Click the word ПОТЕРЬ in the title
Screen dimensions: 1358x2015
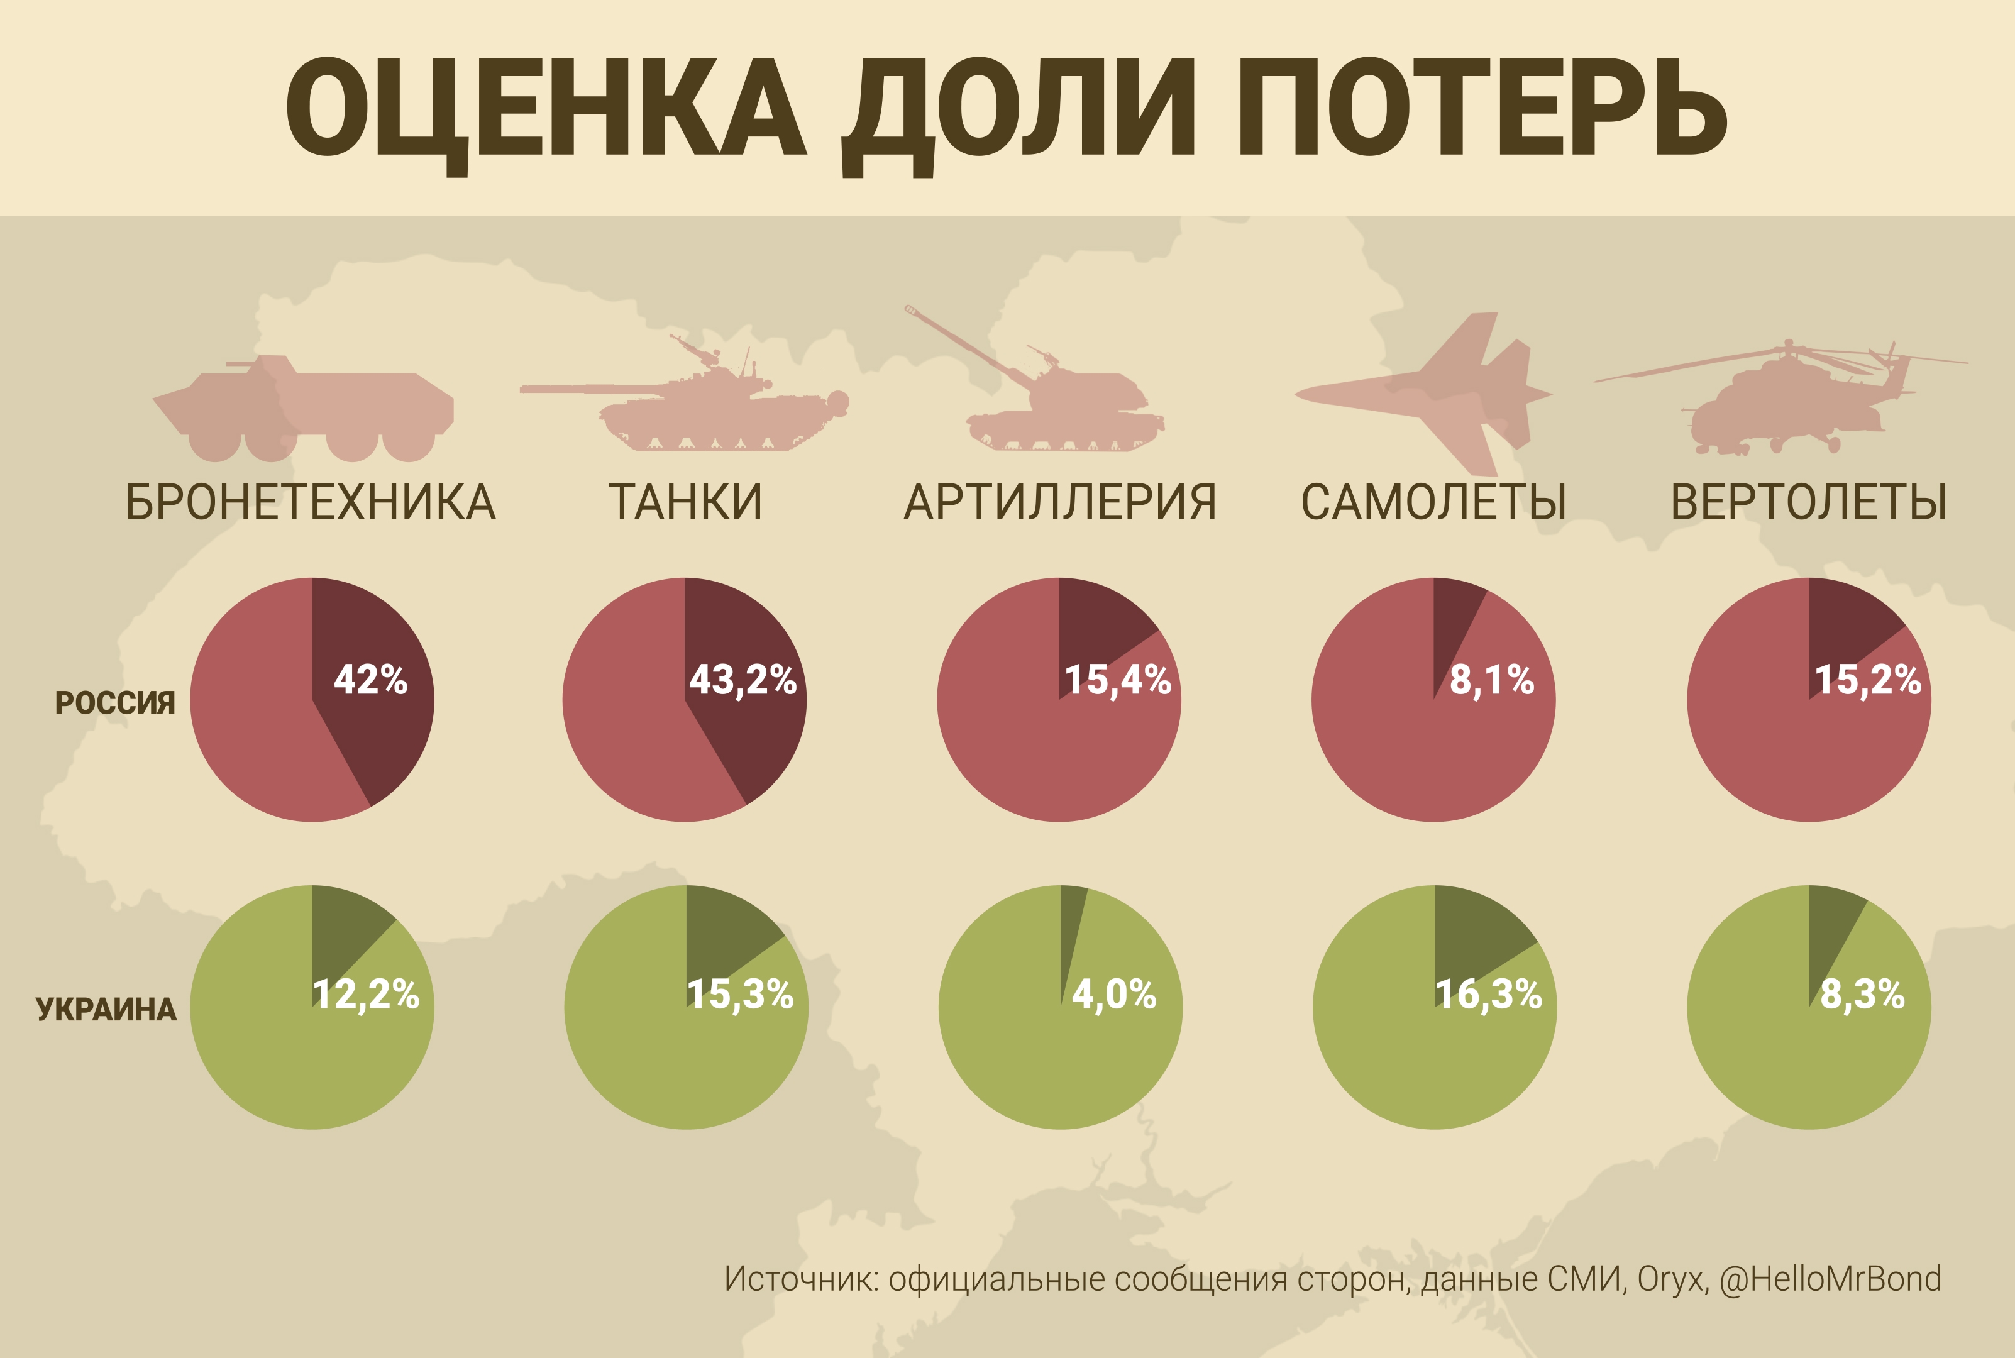click(x=1481, y=108)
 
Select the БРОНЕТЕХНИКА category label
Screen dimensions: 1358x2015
click(x=311, y=502)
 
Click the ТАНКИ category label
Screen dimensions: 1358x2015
click(x=685, y=502)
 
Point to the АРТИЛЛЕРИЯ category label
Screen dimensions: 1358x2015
click(x=1060, y=502)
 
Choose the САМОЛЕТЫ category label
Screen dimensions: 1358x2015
click(x=1434, y=502)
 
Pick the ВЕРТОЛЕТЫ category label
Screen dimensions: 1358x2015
click(x=1809, y=502)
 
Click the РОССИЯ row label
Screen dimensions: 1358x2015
click(x=115, y=702)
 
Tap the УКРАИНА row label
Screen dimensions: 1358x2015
click(x=106, y=1010)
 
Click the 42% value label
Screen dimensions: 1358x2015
click(x=370, y=680)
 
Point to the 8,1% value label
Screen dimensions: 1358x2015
click(x=1492, y=680)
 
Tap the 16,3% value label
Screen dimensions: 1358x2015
click(x=1489, y=994)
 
